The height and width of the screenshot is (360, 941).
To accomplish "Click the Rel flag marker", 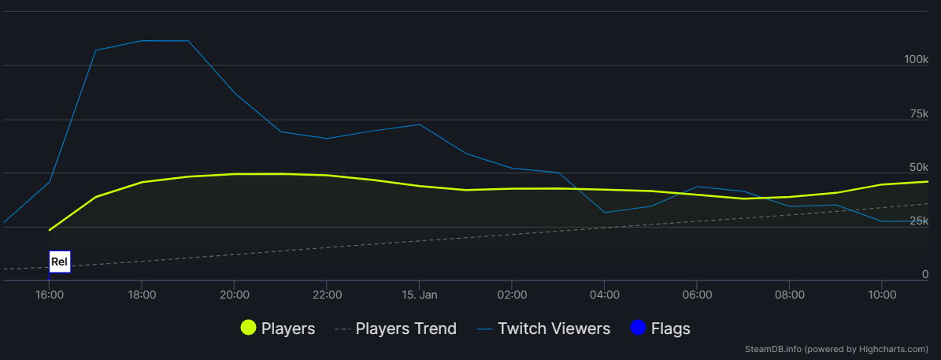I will (60, 262).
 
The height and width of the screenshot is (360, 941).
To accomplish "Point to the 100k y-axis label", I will (916, 60).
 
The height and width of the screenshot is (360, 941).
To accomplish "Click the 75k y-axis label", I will (919, 114).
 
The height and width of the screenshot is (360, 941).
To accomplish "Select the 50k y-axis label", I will (919, 168).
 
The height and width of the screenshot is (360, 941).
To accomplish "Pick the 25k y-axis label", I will (919, 221).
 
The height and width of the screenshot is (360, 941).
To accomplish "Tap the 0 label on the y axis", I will (925, 275).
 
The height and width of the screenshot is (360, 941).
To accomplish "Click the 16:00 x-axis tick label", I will (49, 295).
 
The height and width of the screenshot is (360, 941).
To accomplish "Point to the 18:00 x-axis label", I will (142, 295).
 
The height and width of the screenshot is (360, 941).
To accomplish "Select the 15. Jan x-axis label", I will (419, 295).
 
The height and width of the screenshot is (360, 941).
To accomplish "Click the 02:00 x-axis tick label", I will (512, 295).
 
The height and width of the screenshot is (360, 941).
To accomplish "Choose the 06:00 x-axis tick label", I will (697, 295).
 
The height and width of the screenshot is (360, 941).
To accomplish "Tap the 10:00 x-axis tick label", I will (882, 295).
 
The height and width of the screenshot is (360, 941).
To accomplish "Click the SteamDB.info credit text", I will (836, 349).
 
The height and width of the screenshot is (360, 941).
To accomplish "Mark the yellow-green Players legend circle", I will (249, 328).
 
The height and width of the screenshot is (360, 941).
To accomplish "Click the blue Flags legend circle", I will (638, 328).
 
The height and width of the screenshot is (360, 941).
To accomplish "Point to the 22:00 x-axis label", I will (327, 295).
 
